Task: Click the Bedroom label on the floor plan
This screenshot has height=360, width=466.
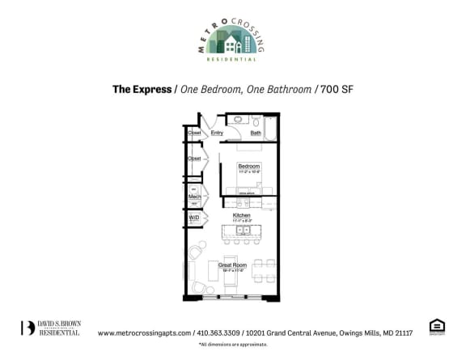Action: click(248, 167)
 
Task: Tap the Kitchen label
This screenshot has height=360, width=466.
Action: click(241, 215)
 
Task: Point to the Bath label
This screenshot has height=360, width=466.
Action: click(256, 133)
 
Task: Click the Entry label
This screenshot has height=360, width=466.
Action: click(217, 133)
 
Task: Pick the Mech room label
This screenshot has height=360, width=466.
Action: click(194, 196)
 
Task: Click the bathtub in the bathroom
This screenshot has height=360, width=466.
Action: click(270, 129)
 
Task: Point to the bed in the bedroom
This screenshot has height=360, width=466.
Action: click(248, 174)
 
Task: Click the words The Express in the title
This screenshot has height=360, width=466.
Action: click(142, 89)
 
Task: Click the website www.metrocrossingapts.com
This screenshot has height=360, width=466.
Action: click(144, 332)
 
